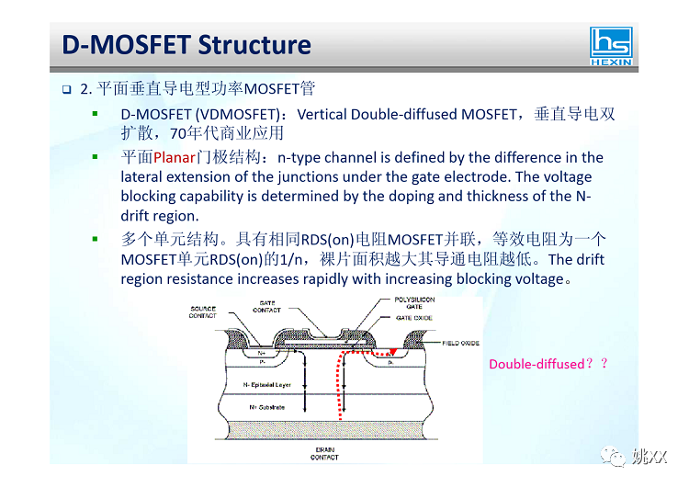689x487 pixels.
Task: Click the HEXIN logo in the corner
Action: pos(613,46)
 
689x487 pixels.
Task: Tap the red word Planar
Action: pos(175,158)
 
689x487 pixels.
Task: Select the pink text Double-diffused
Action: pos(537,364)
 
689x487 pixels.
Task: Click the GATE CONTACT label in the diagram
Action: pos(266,307)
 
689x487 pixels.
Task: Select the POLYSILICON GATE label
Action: pos(414,304)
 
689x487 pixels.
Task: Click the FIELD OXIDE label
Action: pos(462,343)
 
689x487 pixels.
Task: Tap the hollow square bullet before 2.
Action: pos(67,90)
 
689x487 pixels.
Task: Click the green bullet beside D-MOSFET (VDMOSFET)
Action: pos(95,114)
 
